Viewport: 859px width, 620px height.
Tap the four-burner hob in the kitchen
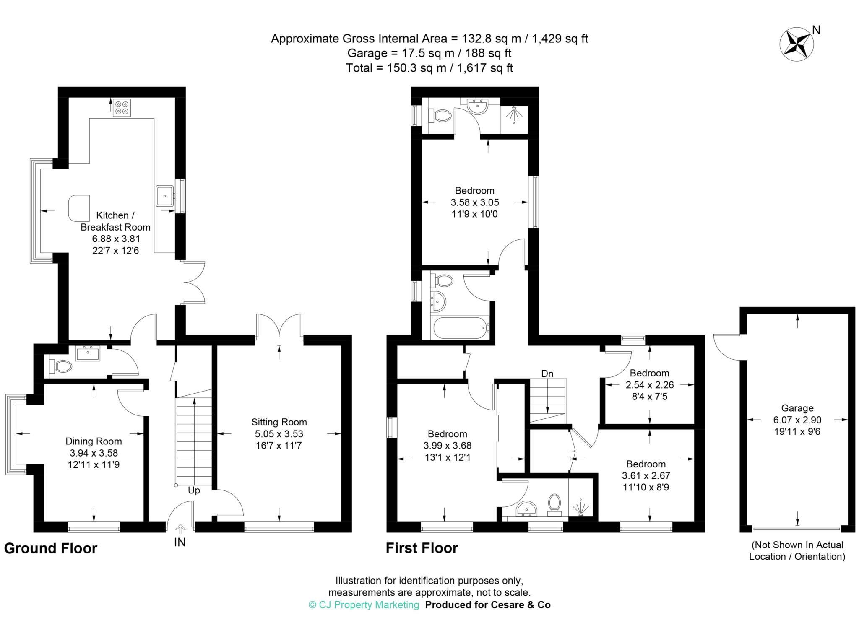(x=122, y=107)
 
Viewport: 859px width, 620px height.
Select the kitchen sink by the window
(x=165, y=196)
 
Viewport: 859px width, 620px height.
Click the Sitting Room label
(x=279, y=422)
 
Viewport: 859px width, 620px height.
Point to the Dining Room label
(x=94, y=441)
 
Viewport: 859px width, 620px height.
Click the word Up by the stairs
(x=194, y=490)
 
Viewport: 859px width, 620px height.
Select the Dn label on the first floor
(x=547, y=374)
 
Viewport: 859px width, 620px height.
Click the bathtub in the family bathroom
(x=460, y=328)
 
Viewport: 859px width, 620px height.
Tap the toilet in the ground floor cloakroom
(x=60, y=366)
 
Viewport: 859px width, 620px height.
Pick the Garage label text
(x=797, y=408)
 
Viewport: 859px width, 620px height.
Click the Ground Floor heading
(x=51, y=548)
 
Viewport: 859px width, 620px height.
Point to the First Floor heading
(x=422, y=548)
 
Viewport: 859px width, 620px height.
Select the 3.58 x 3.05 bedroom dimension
(x=475, y=202)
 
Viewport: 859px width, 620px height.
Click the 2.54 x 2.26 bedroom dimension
(x=650, y=384)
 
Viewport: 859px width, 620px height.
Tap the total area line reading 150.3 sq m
(x=429, y=68)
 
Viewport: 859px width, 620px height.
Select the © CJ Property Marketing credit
(x=364, y=604)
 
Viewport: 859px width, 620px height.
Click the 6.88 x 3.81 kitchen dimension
(x=116, y=239)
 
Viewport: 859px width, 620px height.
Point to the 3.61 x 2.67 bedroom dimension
(x=646, y=476)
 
